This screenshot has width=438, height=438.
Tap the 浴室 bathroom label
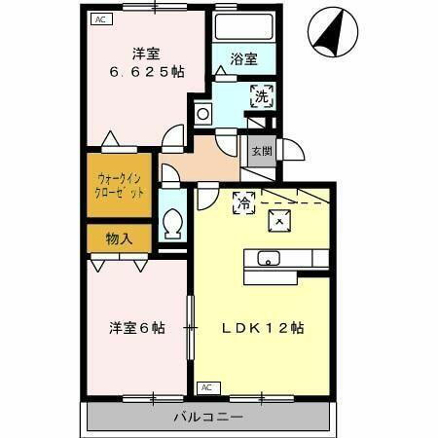[x=244, y=59]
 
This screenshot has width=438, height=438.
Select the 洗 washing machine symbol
[x=261, y=95]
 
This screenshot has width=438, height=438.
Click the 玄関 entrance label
[x=261, y=152]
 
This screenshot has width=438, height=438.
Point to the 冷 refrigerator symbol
[x=243, y=202]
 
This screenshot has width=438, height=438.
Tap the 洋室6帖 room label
[x=136, y=328]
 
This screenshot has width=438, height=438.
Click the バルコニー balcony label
[x=209, y=417]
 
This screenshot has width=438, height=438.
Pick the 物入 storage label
[x=120, y=237]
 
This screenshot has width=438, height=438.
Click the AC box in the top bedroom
[x=101, y=18]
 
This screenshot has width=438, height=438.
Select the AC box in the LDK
[x=205, y=387]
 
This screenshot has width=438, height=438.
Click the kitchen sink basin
[x=269, y=258]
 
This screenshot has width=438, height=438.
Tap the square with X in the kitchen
[x=280, y=221]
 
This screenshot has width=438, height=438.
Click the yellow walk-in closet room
[x=120, y=185]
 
